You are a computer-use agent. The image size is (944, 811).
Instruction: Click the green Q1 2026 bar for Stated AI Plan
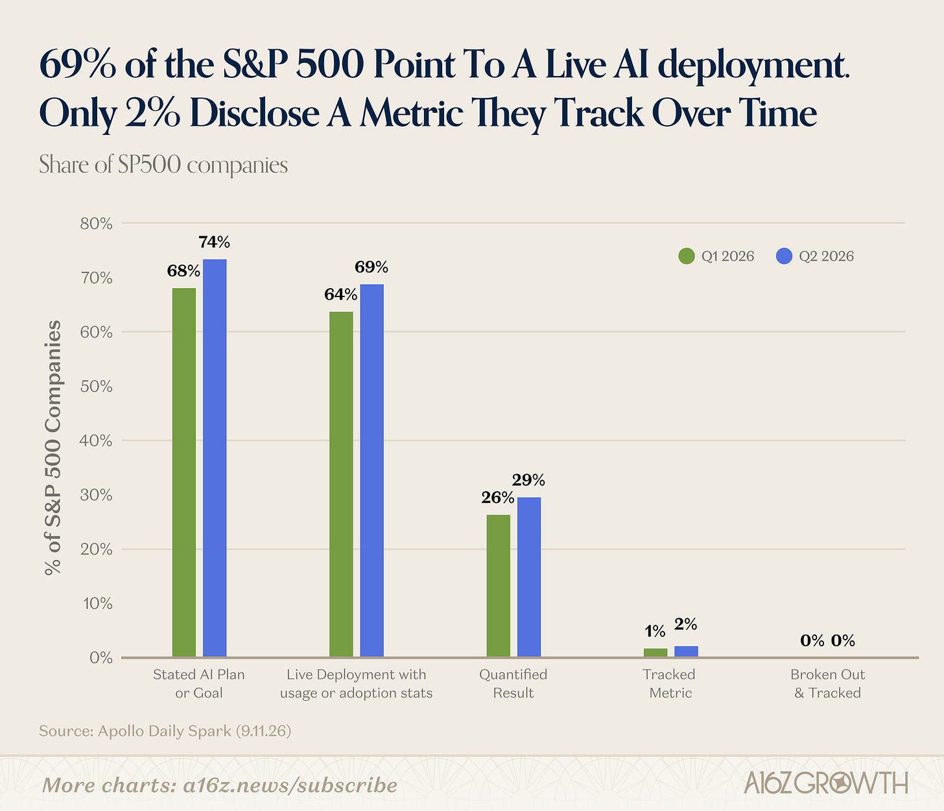tap(184, 472)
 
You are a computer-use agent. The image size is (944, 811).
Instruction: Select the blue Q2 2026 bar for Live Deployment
tap(372, 470)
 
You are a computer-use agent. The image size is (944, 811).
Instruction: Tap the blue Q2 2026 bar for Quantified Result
tap(529, 577)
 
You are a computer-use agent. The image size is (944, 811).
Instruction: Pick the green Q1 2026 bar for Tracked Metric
tap(655, 653)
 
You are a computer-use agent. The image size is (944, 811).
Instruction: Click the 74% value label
tap(214, 242)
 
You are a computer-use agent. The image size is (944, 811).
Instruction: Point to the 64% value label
tap(340, 295)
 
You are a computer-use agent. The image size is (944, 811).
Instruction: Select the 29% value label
tap(528, 479)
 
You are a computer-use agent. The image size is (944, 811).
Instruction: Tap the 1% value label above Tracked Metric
tap(655, 631)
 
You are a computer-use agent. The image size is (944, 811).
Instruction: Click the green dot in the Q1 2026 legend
tap(687, 256)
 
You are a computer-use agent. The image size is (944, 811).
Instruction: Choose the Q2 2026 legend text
tap(826, 256)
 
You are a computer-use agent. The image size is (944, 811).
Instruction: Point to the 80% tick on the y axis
tap(97, 223)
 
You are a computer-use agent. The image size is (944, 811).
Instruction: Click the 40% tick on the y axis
tap(97, 441)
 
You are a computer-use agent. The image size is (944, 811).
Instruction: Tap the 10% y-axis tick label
tap(97, 603)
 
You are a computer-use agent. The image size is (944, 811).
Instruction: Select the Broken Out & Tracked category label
tap(827, 684)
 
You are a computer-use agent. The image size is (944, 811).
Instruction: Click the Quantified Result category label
tap(513, 684)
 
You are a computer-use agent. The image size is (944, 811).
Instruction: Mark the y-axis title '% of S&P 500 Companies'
tap(53, 447)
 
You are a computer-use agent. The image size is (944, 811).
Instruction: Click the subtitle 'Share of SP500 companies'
tap(163, 165)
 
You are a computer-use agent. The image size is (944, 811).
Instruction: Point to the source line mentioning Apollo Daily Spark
tap(165, 731)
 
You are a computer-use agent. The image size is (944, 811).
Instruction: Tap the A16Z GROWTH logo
tap(826, 783)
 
